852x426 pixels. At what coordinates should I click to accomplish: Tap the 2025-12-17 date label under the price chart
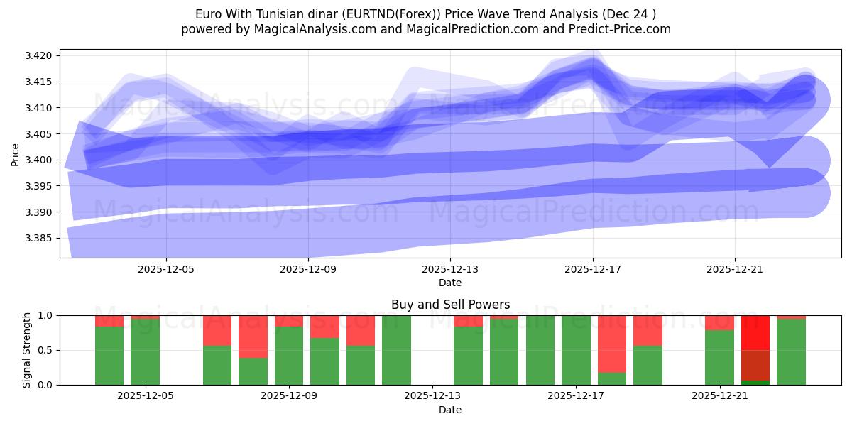[x=592, y=270]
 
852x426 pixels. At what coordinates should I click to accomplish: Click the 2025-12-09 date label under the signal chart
[x=289, y=396]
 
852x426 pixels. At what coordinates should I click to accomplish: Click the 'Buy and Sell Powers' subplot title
[x=450, y=305]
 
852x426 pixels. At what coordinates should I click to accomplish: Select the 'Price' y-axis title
[x=16, y=154]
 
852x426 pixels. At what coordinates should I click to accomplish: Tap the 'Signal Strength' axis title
[x=26, y=350]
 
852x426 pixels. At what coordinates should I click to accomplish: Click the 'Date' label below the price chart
[x=450, y=283]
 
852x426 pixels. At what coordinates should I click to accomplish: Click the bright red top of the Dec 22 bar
[x=755, y=332]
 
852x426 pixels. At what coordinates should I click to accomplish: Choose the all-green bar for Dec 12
[x=396, y=350]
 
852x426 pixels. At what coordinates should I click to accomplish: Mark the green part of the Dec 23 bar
[x=791, y=352]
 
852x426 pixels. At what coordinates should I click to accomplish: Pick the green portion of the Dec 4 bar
[x=109, y=356]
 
